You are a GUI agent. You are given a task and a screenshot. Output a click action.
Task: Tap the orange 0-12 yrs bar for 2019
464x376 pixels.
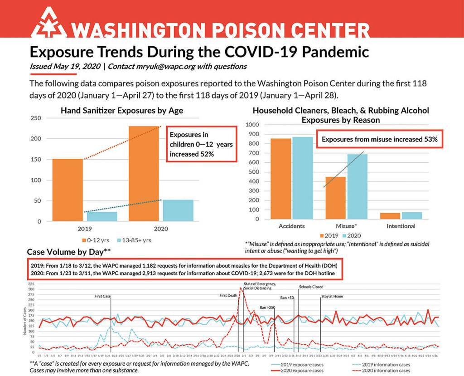click(68, 190)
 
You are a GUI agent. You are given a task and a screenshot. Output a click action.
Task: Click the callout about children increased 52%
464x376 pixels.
click(201, 144)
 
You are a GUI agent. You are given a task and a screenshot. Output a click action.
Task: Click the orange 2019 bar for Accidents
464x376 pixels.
click(280, 179)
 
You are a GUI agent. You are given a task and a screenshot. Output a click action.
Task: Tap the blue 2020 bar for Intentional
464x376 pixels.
click(411, 215)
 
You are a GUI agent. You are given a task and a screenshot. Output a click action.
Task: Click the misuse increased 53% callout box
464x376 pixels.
click(379, 140)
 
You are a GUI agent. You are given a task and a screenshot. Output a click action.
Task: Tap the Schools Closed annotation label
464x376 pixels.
click(311, 287)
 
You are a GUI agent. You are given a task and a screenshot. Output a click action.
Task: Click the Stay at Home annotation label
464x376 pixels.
click(332, 296)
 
